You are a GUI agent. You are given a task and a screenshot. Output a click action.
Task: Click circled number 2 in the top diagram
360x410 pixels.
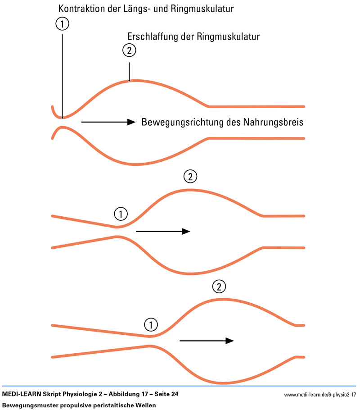[129, 50]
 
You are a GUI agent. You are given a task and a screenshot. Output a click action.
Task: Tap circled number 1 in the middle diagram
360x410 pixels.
[121, 213]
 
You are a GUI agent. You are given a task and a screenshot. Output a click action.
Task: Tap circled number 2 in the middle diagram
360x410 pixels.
[190, 177]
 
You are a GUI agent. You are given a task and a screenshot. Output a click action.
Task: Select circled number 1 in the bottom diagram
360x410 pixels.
[151, 323]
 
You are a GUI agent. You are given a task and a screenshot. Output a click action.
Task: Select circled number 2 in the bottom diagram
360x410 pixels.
[219, 286]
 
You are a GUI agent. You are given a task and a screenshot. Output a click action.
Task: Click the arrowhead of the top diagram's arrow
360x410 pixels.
[131, 122]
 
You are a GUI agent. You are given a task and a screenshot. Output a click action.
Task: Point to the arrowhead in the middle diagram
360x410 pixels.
[186, 231]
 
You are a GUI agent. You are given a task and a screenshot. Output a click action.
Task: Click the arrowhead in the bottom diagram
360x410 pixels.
[229, 341]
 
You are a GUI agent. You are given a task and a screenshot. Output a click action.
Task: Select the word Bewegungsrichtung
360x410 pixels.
[180, 122]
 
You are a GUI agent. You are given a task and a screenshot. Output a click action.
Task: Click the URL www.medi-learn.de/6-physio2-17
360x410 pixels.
[320, 395]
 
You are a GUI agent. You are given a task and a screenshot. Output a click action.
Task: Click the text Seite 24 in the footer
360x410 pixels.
[164, 394]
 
